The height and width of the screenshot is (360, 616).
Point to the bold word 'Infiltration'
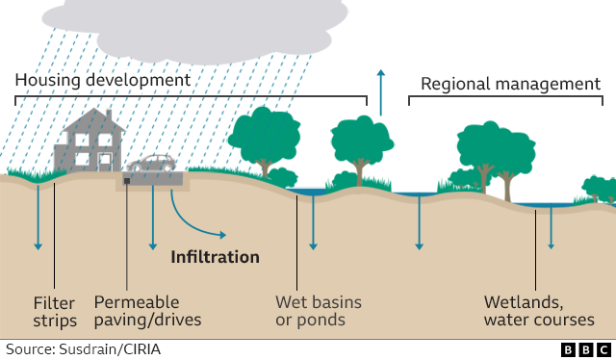coord(216,257)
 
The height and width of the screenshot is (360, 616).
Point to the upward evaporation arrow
coord(381,92)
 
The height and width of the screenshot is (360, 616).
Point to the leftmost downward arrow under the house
coord(38,218)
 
